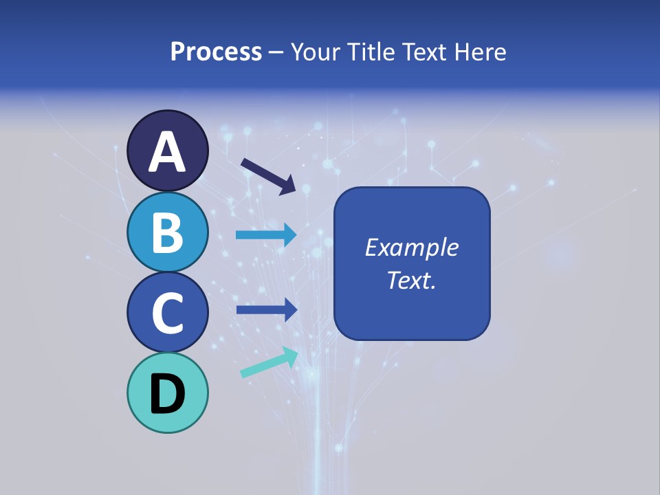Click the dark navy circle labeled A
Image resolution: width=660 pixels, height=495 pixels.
[x=168, y=151]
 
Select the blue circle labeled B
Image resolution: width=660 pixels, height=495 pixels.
[x=168, y=232]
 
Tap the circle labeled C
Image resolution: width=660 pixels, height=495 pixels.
[x=168, y=312]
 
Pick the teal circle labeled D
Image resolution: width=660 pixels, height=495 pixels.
[x=168, y=393]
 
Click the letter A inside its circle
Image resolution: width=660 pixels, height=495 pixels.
[x=168, y=152]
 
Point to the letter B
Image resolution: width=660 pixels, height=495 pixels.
[x=168, y=232]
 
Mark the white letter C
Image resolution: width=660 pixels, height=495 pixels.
[x=168, y=313]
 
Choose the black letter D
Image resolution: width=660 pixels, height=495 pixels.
[x=168, y=394]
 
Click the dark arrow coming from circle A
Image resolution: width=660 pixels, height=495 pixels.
[x=268, y=175]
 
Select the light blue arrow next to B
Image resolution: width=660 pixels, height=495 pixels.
[x=266, y=235]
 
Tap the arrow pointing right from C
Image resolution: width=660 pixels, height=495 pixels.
[x=267, y=310]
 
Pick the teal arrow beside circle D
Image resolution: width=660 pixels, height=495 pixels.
[x=269, y=363]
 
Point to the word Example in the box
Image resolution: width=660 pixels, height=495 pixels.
[x=412, y=247]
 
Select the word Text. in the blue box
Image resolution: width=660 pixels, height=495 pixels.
[x=412, y=280]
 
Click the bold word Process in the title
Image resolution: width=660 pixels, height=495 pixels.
[x=216, y=52]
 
